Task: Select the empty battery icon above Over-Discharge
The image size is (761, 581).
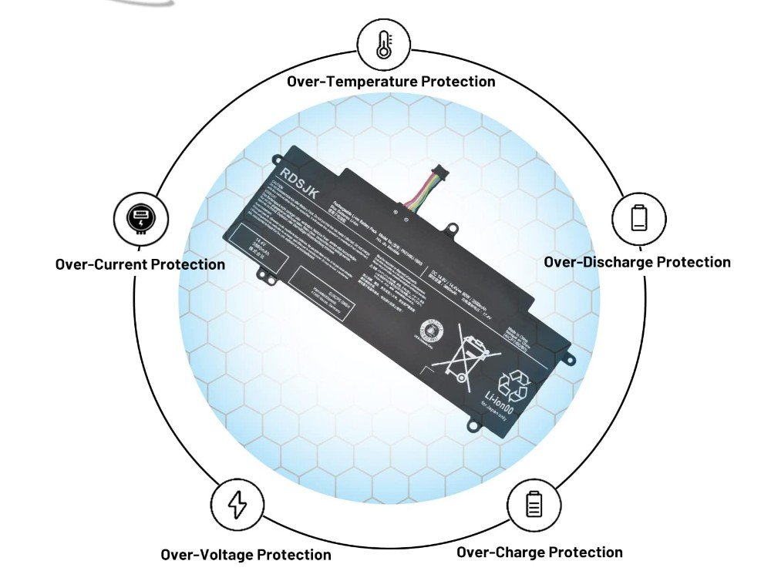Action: click(638, 217)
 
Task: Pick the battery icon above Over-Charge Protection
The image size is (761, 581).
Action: click(534, 504)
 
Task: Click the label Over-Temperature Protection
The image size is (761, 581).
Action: click(391, 81)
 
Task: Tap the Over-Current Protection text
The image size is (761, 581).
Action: click(140, 264)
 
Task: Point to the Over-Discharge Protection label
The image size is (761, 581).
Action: click(637, 262)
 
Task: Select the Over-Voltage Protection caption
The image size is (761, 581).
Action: click(246, 554)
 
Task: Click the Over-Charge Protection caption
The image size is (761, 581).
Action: click(540, 552)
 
